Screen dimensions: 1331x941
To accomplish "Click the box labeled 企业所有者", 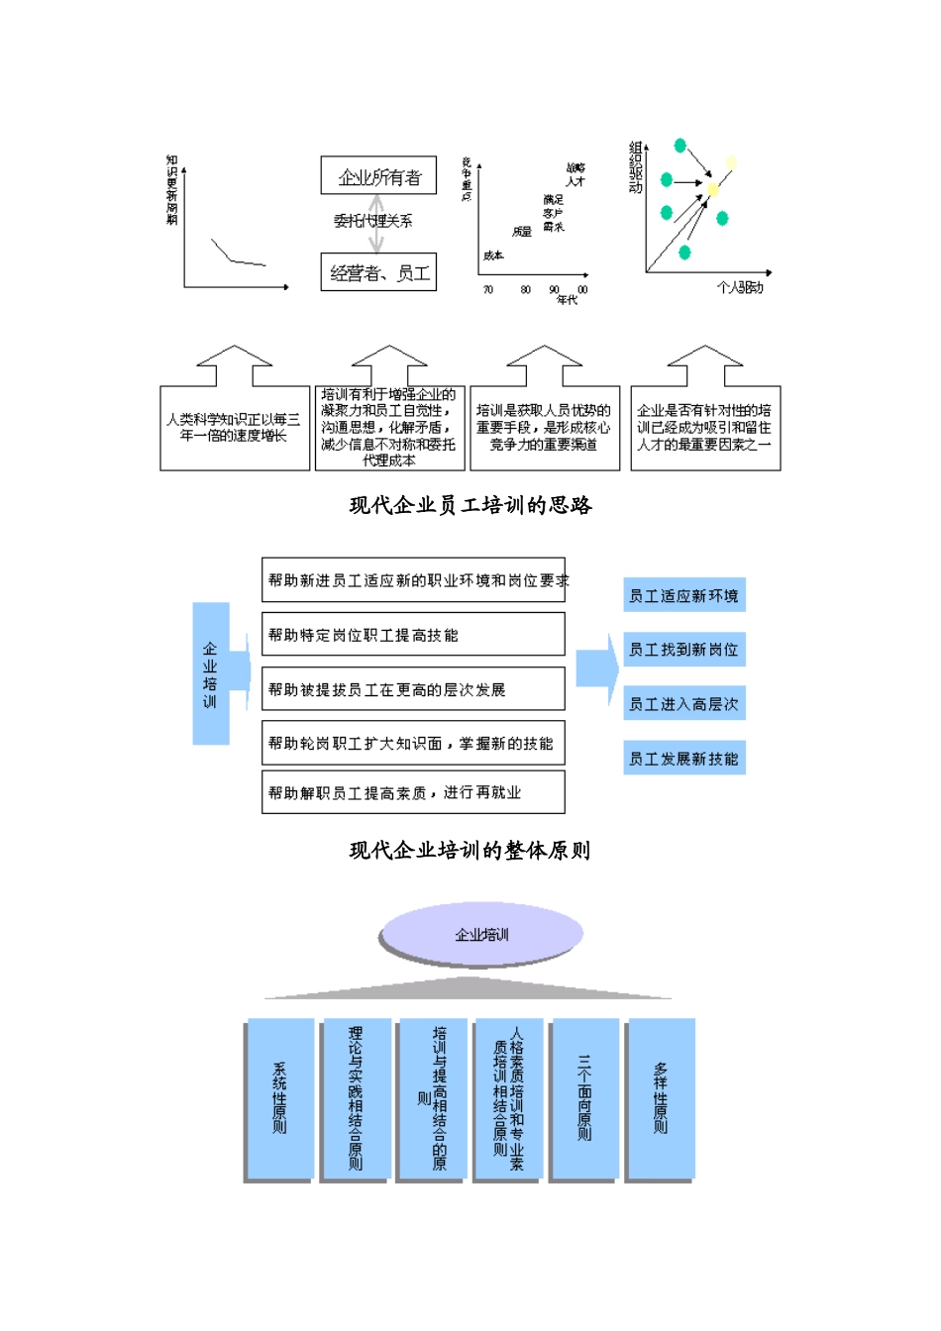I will tap(379, 176).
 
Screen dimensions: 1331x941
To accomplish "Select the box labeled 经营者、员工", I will tap(379, 272).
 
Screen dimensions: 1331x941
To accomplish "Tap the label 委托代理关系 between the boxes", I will tap(373, 221).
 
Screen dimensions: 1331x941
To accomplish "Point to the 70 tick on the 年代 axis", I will tap(488, 290).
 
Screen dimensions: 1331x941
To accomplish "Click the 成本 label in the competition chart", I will tap(493, 256).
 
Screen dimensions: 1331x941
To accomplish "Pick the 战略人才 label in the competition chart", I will tap(575, 174).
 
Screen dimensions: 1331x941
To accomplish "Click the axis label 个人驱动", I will tap(740, 288).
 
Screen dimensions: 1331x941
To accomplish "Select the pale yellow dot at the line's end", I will tap(731, 162).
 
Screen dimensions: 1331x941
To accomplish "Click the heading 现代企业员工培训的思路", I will tap(470, 506).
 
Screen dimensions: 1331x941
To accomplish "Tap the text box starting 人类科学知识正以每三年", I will tap(234, 428).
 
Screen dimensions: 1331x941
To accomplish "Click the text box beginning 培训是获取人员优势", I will tap(545, 428).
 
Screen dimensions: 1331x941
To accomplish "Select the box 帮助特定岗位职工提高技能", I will tap(413, 635).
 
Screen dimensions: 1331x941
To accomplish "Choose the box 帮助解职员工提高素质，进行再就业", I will tap(413, 792).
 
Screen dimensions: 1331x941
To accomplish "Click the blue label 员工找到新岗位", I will tap(683, 650).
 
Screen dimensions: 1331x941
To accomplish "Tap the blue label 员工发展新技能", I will tap(683, 759).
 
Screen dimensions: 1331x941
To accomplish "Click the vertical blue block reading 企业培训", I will tap(211, 674).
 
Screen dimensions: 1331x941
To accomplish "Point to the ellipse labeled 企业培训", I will tap(481, 934).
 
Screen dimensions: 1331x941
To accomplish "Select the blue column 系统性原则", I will tap(280, 1099).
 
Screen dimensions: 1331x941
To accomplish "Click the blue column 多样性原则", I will tap(661, 1099).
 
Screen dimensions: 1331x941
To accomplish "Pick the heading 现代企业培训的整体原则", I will tap(470, 851).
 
